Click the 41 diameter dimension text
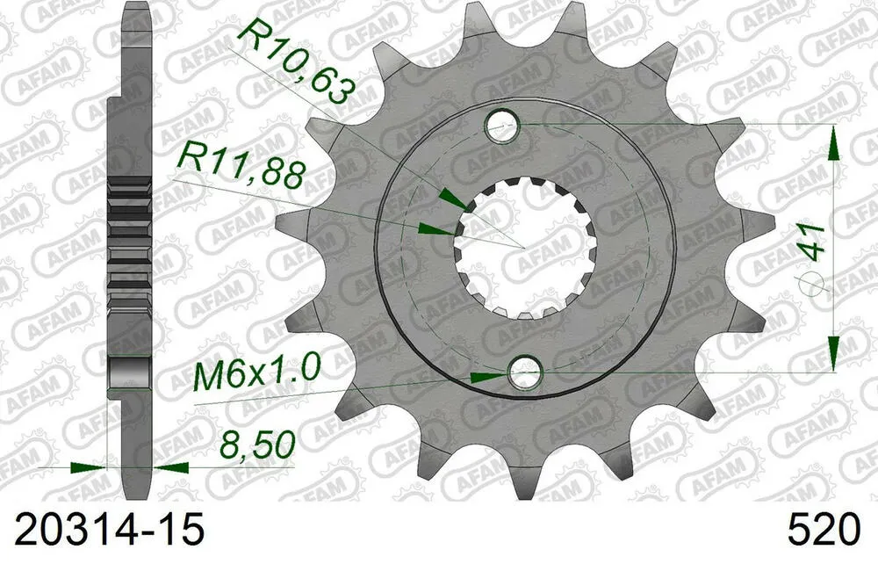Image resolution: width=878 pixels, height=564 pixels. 816,240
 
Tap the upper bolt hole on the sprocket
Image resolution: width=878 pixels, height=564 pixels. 505,127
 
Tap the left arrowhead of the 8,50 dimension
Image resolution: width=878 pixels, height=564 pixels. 89,467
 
